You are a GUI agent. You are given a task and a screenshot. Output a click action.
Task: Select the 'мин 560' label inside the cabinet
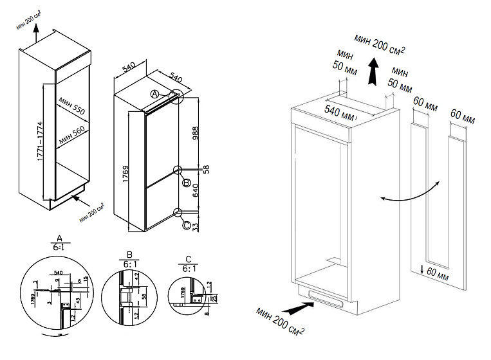pos(71,136)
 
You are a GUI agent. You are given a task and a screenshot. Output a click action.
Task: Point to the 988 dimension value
pos(196,132)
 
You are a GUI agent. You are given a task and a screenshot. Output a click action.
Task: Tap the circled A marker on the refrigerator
pos(154,94)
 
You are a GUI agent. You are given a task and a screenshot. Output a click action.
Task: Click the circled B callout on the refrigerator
pos(186,184)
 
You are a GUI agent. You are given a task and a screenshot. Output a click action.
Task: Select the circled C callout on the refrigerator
pos(186,225)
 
